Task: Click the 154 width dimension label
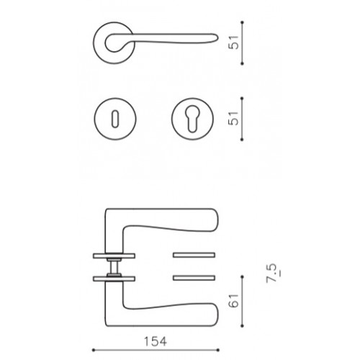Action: pos(155,341)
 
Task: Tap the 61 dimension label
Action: pos(234,300)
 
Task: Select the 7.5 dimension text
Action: pos(272,273)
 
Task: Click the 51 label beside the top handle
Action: pos(234,42)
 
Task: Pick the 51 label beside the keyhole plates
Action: pos(234,118)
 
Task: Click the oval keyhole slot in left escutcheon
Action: pos(115,119)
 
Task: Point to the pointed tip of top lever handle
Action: pos(217,37)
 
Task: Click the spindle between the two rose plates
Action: pos(114,267)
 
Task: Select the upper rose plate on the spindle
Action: pos(114,256)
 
